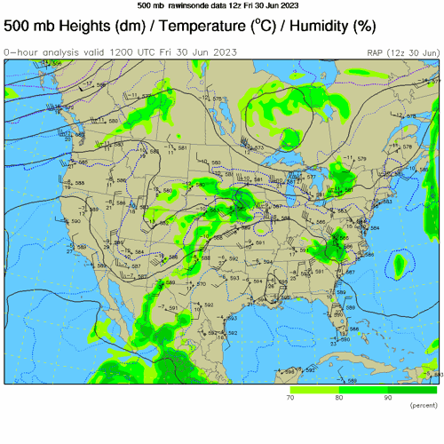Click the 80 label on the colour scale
pos(338,398)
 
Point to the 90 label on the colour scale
pos(387,398)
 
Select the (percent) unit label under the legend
pos(422,406)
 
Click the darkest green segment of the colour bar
pos(412,389)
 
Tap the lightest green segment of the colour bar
pos(313,389)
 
